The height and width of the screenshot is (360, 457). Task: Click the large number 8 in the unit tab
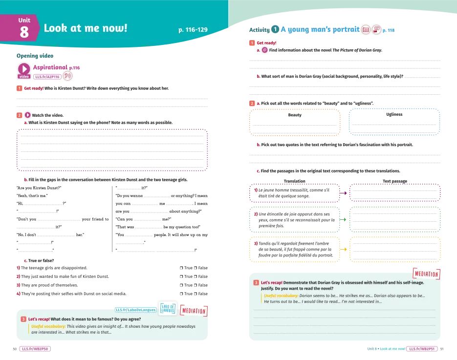pyautogui.click(x=24, y=32)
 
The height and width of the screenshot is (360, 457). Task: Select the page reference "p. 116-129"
pyautogui.click(x=193, y=30)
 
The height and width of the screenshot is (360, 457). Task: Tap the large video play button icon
pyautogui.click(x=24, y=69)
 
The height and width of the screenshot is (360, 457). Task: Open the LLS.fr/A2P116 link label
pyautogui.click(x=47, y=77)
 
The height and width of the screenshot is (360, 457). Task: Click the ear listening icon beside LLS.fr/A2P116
pyautogui.click(x=68, y=76)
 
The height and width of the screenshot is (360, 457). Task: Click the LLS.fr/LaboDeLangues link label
pyautogui.click(x=135, y=310)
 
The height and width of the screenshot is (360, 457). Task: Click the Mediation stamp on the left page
pyautogui.click(x=194, y=311)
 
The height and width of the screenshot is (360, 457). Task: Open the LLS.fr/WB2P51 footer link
pyautogui.click(x=421, y=349)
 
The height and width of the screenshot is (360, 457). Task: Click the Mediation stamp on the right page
pyautogui.click(x=426, y=275)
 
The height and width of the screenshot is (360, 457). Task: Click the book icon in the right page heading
pyautogui.click(x=366, y=30)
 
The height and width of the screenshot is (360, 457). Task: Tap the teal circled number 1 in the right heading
pyautogui.click(x=275, y=30)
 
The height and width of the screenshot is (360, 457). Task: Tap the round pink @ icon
pyautogui.click(x=264, y=50)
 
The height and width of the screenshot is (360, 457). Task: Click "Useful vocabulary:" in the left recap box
pyautogui.click(x=48, y=326)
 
